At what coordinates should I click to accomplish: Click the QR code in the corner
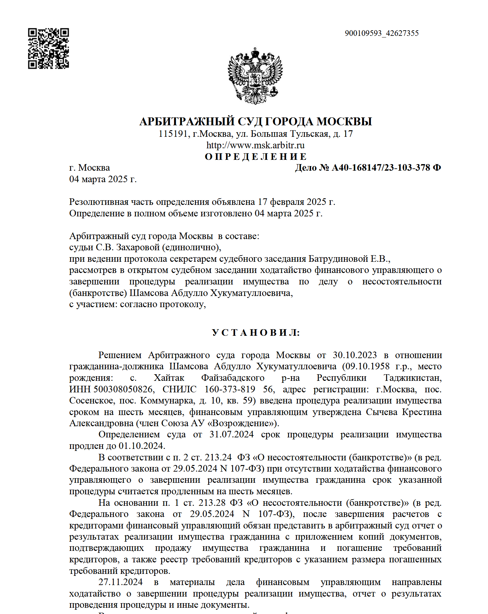coord(48,48)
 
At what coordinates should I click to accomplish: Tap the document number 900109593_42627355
coord(381,33)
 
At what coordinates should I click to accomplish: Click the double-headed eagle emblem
coord(255,76)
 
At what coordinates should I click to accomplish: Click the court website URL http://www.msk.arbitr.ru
coord(256,145)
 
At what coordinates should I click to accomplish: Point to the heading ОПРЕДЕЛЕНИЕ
coord(256,157)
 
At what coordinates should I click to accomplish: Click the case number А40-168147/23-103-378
coord(381,168)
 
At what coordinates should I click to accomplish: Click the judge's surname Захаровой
coord(138,247)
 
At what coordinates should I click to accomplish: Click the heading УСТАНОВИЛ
coord(256,333)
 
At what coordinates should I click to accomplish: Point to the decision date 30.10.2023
coord(354,355)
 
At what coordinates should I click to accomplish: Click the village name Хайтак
coord(169,378)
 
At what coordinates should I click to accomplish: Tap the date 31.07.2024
coord(232,435)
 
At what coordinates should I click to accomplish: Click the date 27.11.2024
coord(121,582)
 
